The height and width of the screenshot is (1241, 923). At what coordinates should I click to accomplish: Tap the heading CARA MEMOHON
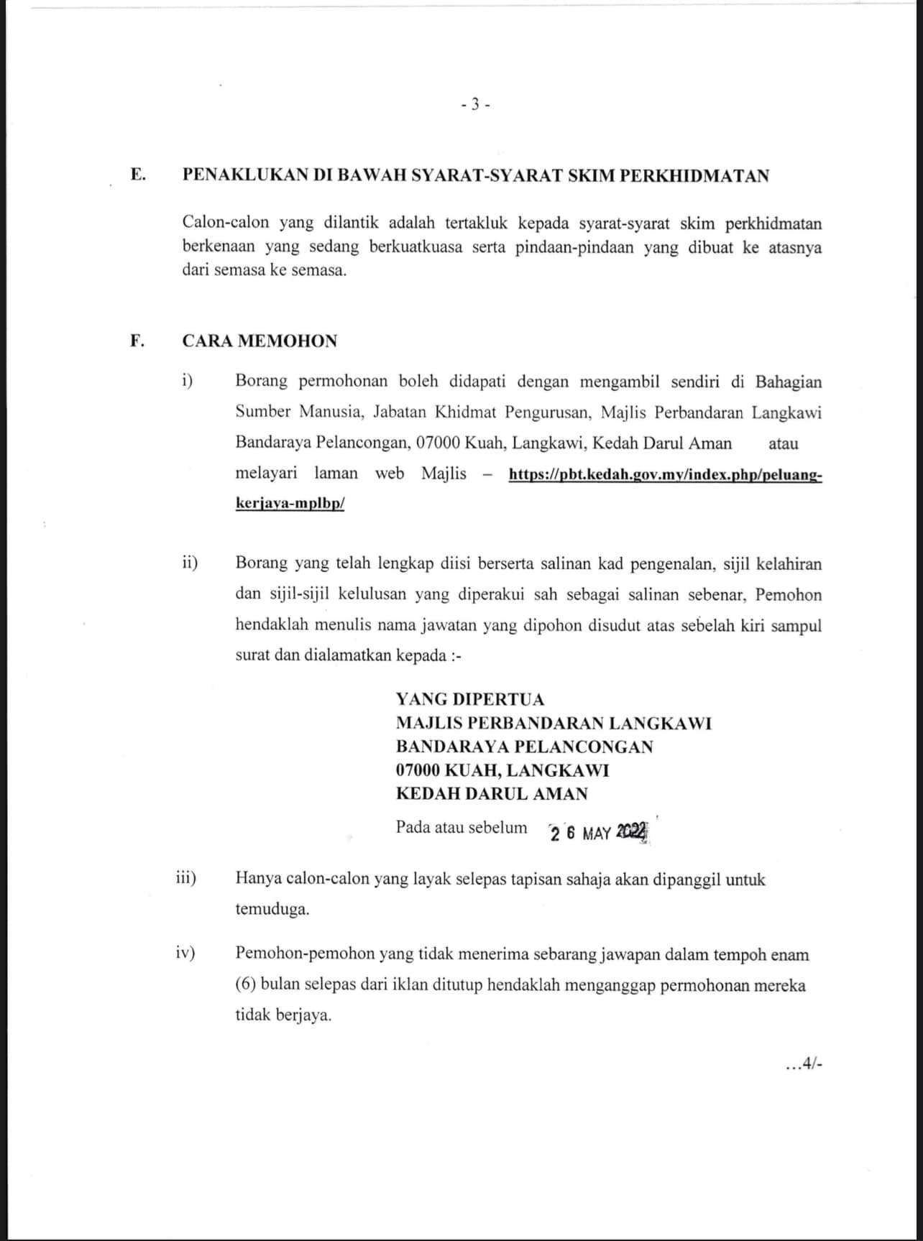tap(260, 341)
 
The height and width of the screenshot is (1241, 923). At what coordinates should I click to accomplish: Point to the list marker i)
tap(188, 381)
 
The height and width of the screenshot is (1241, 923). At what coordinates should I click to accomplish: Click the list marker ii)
tap(190, 563)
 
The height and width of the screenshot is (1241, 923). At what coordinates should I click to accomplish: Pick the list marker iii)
tap(187, 878)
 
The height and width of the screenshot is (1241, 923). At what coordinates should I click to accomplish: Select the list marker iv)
tap(186, 954)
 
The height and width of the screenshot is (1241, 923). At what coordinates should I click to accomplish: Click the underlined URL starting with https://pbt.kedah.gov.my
tap(665, 475)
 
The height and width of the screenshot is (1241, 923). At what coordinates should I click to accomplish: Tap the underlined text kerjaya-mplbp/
tap(290, 504)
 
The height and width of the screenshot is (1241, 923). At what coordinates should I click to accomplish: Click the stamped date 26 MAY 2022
tap(598, 832)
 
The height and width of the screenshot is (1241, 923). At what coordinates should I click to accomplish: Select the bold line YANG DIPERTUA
tap(470, 699)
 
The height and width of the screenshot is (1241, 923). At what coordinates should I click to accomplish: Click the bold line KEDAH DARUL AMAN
tap(492, 793)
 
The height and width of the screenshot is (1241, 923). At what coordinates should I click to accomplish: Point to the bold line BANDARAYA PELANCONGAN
tap(524, 747)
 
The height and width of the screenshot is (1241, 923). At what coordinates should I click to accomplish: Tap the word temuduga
tap(272, 909)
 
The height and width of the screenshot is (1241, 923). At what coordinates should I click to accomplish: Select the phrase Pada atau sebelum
tap(461, 827)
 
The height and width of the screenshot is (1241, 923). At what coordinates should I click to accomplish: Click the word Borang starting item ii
tap(261, 563)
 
